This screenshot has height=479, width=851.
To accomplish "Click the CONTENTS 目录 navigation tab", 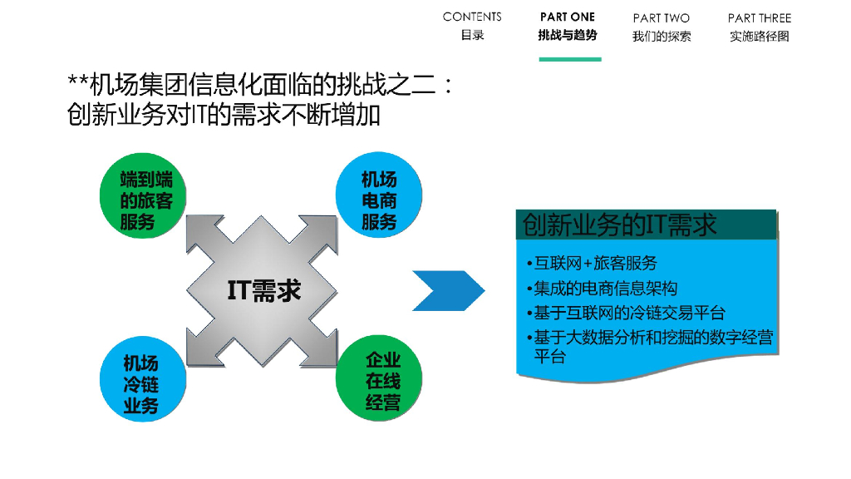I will (472, 26).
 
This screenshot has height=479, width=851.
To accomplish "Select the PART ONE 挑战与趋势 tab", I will (568, 26).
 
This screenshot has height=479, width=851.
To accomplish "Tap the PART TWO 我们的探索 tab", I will (662, 27).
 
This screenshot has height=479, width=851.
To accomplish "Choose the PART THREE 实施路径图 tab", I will (760, 27).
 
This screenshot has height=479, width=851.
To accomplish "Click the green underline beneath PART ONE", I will (569, 59).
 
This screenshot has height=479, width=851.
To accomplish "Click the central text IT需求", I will (264, 290).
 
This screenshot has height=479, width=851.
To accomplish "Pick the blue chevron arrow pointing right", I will (448, 290).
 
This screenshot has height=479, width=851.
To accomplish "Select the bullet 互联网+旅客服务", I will (592, 264).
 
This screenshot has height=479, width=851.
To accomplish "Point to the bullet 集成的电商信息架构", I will (602, 289).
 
